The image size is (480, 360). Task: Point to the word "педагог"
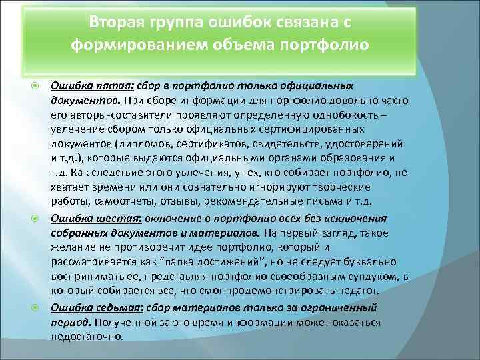pos(356,291)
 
